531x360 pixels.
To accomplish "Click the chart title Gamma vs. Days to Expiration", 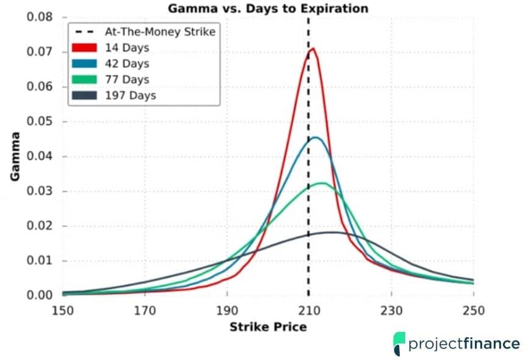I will tap(268, 8).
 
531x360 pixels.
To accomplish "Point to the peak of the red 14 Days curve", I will tap(312, 48).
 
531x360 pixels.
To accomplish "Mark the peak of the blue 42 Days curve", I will tap(316, 137).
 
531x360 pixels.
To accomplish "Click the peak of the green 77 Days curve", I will tap(323, 183).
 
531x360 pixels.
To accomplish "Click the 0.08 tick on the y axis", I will tap(40, 16).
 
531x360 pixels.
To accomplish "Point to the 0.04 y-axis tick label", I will tap(40, 156).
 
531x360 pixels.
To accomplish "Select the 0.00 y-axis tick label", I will tap(40, 295).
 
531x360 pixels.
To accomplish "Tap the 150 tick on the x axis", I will tap(63, 310).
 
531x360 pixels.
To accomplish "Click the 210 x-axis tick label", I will tap(309, 310).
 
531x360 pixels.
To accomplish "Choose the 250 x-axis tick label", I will tap(473, 310).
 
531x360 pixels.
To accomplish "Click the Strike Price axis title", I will tap(268, 327).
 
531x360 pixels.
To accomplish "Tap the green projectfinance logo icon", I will tap(399, 344).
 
